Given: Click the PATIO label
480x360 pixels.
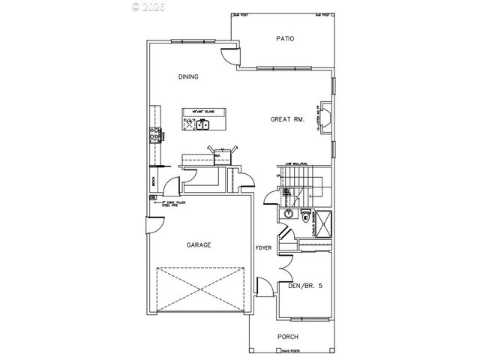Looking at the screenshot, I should (283, 39).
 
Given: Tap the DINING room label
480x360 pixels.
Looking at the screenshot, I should (188, 76).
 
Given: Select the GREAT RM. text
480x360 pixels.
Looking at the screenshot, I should (286, 118).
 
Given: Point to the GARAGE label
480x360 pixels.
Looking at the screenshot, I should (199, 245).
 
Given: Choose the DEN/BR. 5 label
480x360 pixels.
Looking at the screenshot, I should (305, 285).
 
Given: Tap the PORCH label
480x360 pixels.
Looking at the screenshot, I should (289, 336).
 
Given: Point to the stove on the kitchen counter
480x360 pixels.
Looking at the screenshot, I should (157, 135).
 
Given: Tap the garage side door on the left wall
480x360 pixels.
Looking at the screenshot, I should (154, 222).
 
